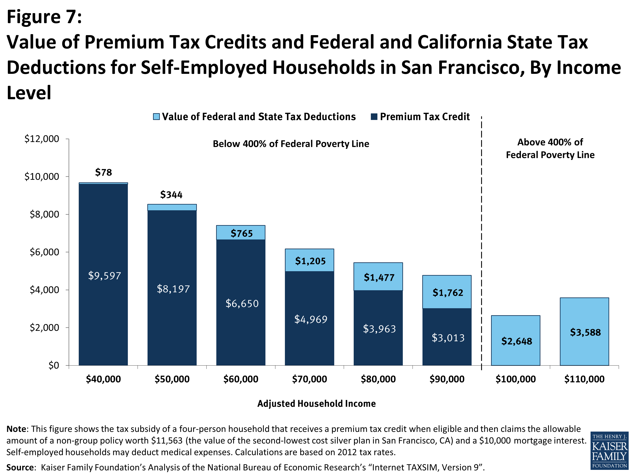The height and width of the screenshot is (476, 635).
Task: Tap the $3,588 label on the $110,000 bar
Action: point(585,332)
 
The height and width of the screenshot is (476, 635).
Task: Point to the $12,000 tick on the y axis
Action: point(42,139)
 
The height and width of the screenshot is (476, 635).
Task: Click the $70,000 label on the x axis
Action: point(309,379)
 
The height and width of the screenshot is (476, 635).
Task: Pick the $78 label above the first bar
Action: point(103,172)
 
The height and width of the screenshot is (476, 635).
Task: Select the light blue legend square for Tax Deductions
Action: point(156,117)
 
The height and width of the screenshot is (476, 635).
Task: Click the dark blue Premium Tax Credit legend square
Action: point(374,117)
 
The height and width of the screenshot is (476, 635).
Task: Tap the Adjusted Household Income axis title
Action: point(316,403)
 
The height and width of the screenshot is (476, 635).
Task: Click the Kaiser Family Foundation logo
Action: point(609,450)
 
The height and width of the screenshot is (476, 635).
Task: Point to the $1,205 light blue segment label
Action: point(310,261)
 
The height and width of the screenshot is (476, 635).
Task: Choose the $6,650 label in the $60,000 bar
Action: point(242,303)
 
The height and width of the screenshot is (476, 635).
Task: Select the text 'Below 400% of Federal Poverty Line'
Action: point(291,144)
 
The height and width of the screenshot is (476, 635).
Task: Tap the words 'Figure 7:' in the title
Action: point(44,17)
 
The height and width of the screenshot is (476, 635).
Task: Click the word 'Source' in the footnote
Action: point(20,467)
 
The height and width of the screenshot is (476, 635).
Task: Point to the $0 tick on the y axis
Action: point(53,365)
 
